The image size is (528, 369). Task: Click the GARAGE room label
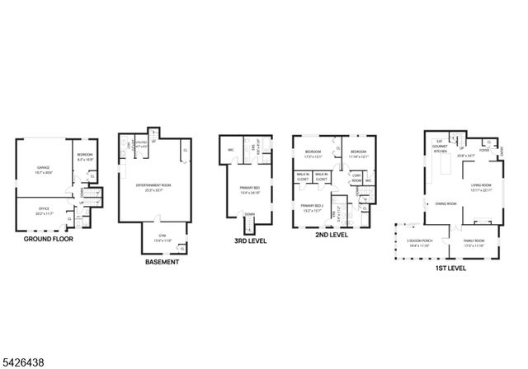[43, 168]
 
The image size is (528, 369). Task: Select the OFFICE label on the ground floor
[42, 209]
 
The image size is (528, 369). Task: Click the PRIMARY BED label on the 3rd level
[250, 189]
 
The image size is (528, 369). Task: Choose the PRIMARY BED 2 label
[312, 207]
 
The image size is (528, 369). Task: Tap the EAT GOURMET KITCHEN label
[440, 145]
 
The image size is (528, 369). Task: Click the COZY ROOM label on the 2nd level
[356, 176]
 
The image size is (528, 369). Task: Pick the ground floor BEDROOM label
[85, 156]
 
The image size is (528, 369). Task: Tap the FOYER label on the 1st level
[484, 151]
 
